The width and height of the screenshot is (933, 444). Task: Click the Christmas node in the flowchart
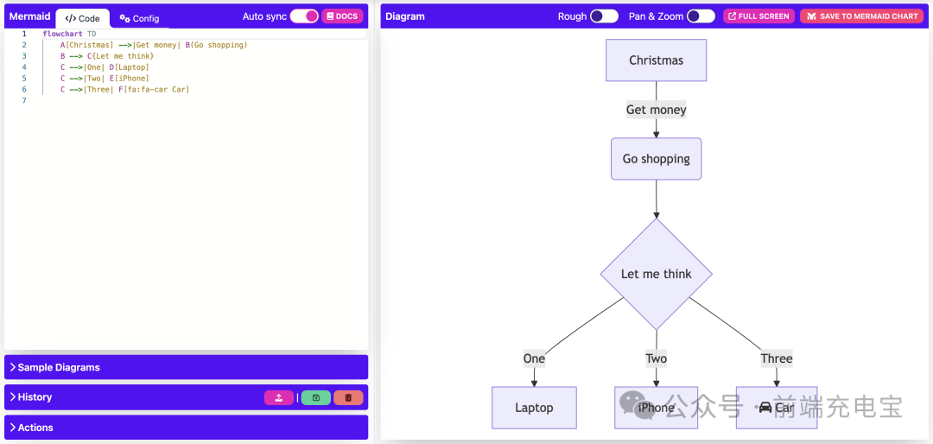tap(656, 60)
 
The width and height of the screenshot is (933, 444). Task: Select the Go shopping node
tap(656, 159)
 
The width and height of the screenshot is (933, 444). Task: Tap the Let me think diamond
tap(656, 274)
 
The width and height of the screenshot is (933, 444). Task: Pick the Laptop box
tap(534, 408)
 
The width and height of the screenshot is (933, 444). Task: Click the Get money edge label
tap(656, 110)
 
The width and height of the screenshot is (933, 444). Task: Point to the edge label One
tap(534, 358)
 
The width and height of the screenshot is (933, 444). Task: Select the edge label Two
tap(656, 358)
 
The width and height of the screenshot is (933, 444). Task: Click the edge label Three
tap(777, 358)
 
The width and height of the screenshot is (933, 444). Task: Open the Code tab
tap(83, 18)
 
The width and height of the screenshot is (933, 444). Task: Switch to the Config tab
tap(139, 18)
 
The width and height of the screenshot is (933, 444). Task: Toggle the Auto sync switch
tap(304, 16)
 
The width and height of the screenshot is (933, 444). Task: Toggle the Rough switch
tap(604, 16)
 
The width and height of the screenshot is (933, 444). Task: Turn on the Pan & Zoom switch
tap(701, 16)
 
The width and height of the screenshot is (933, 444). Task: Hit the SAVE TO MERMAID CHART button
tap(860, 16)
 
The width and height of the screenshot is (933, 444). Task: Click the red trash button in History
tap(348, 397)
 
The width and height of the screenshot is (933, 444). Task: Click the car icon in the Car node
tap(765, 408)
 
